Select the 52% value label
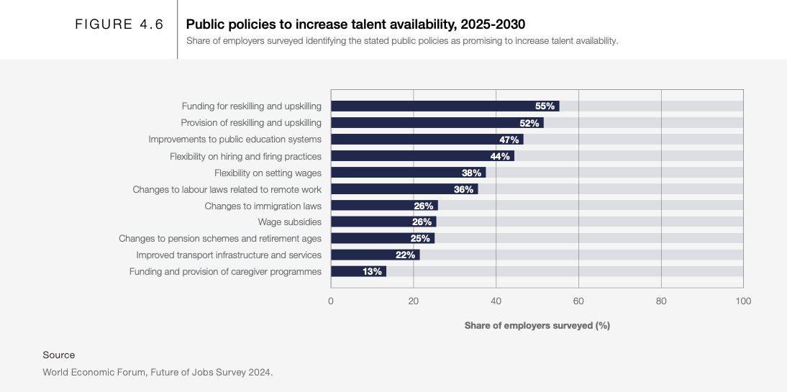(529, 123)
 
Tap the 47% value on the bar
(509, 140)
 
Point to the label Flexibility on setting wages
(268, 173)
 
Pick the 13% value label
(372, 271)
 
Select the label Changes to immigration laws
(263, 206)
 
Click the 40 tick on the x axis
(496, 301)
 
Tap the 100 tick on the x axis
(743, 301)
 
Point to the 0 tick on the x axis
(331, 301)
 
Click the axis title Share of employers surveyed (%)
(537, 326)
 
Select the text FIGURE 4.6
(119, 24)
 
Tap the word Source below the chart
(58, 355)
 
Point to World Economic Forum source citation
(158, 372)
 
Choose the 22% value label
(405, 255)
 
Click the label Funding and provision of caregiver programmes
(225, 271)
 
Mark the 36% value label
(463, 189)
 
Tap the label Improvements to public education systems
(235, 140)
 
